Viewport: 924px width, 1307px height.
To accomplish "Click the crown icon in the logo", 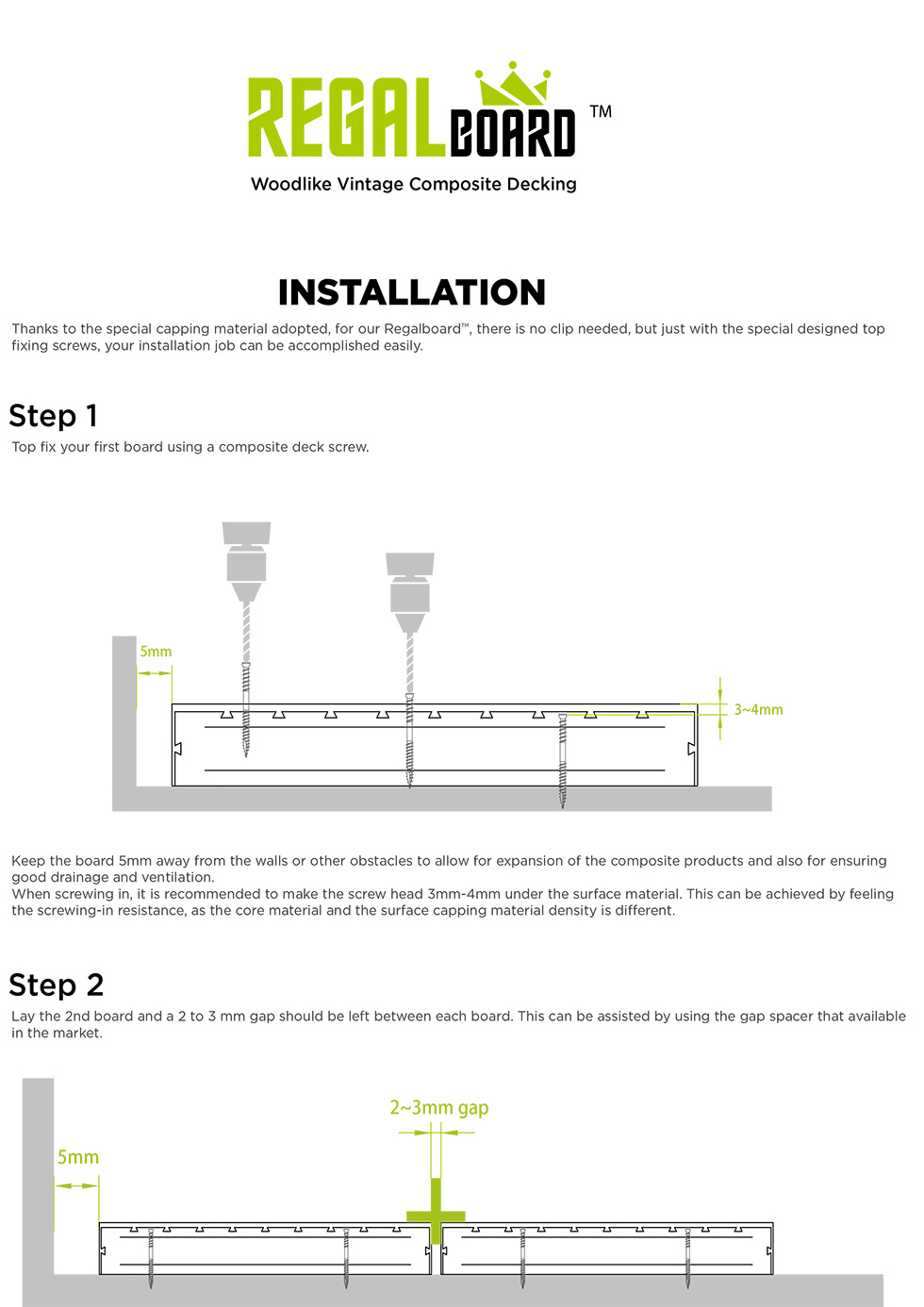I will (513, 85).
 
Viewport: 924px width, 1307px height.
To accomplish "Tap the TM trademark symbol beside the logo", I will (601, 111).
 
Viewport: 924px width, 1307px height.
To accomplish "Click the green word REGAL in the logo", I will (345, 118).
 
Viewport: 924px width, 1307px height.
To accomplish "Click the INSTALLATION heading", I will (412, 292).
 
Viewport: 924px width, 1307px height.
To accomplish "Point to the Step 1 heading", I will (54, 416).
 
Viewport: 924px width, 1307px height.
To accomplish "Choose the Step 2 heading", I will (57, 985).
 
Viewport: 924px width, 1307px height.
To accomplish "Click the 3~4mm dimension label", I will (758, 709).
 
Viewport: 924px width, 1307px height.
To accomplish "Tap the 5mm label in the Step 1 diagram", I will (156, 652).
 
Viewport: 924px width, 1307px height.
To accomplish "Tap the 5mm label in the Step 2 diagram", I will (78, 1157).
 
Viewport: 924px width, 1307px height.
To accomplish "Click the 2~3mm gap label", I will (439, 1107).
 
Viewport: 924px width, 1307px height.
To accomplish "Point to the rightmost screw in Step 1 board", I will (563, 760).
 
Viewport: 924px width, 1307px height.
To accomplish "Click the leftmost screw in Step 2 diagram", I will (150, 1258).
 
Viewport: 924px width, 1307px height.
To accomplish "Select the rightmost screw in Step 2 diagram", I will (688, 1258).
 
